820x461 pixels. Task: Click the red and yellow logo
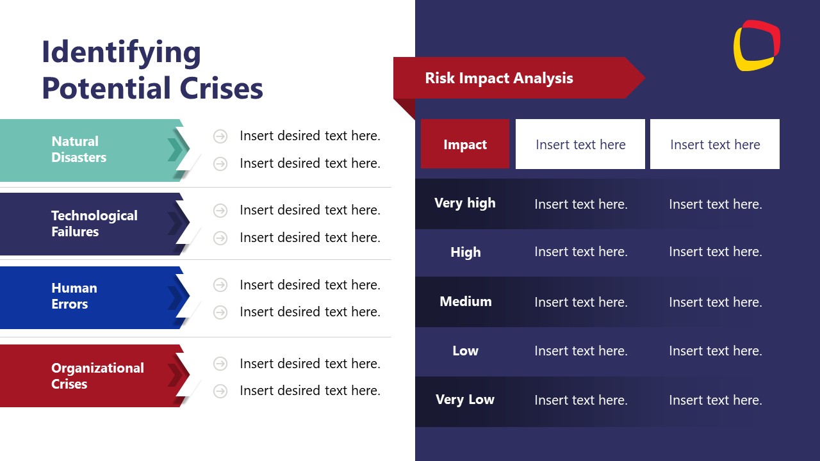[x=757, y=45]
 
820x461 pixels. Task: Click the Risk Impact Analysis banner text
[x=498, y=78]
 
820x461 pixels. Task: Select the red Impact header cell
[x=465, y=144]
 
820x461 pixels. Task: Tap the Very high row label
[x=465, y=203]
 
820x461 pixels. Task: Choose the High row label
[x=465, y=252]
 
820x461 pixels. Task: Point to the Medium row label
[x=465, y=302]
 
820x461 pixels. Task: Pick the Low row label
[x=465, y=351]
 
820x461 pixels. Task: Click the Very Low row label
[x=465, y=400]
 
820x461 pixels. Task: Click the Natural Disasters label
[x=79, y=149]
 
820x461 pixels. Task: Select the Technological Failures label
[x=94, y=223]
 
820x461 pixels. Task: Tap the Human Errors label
[x=74, y=296]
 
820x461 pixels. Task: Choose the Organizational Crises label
[x=97, y=376]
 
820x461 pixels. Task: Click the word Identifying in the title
[x=121, y=53]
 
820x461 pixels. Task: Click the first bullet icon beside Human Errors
[x=220, y=284]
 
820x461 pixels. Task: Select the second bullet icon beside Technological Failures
[x=220, y=238]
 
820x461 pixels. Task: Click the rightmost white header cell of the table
[x=715, y=144]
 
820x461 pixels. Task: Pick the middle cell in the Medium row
[x=581, y=302]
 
